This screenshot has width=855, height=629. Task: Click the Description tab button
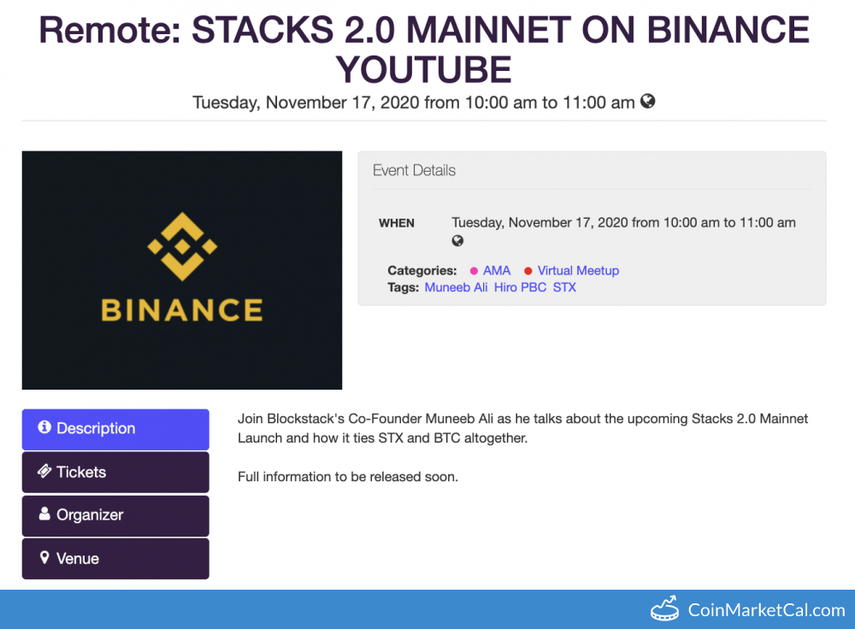pyautogui.click(x=115, y=429)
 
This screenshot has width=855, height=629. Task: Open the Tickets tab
pyautogui.click(x=115, y=472)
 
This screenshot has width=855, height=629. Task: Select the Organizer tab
pyautogui.click(x=115, y=515)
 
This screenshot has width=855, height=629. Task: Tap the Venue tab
pyautogui.click(x=115, y=559)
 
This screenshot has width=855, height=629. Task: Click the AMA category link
pyautogui.click(x=496, y=271)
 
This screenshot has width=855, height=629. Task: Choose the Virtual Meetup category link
pyautogui.click(x=578, y=271)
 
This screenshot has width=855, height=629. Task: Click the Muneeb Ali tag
pyautogui.click(x=456, y=287)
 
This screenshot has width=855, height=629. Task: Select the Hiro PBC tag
pyautogui.click(x=520, y=287)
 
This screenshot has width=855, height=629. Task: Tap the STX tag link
pyautogui.click(x=564, y=287)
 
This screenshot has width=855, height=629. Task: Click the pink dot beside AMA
pyautogui.click(x=474, y=271)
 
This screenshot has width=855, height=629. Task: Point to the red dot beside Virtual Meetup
pyautogui.click(x=528, y=271)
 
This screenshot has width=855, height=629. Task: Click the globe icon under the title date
pyautogui.click(x=647, y=102)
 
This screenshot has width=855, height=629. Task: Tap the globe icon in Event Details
pyautogui.click(x=457, y=240)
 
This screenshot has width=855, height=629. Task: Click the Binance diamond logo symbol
pyautogui.click(x=182, y=246)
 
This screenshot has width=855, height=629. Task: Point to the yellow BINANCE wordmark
pyautogui.click(x=182, y=310)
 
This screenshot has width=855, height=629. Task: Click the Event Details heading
pyautogui.click(x=414, y=171)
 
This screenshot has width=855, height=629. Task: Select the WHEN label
pyautogui.click(x=397, y=223)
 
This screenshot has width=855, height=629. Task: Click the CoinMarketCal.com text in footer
pyautogui.click(x=766, y=610)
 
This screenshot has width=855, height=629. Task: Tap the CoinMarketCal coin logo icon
pyautogui.click(x=665, y=608)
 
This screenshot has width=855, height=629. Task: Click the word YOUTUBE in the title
pyautogui.click(x=424, y=70)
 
